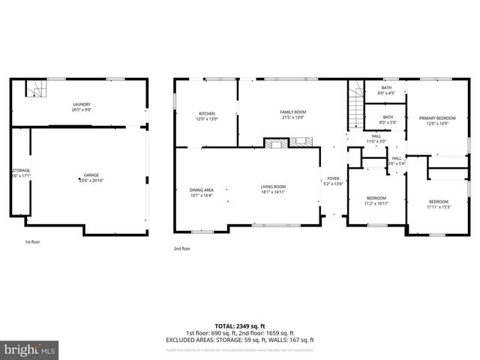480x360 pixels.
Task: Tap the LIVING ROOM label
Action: (273, 189)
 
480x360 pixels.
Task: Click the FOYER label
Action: (332, 181)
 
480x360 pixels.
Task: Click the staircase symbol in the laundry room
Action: (33, 89)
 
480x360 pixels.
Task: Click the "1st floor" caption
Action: (32, 242)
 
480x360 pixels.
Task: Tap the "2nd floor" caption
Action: (182, 248)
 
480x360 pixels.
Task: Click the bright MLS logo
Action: (30, 349)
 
